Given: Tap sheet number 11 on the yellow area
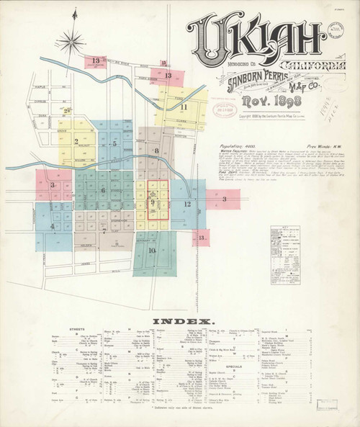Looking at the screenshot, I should tap(184, 107).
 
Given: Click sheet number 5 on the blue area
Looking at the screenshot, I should tap(114, 143).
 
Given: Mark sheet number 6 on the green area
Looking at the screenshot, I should tap(103, 190).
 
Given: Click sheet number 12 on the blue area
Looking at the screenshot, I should tap(186, 204).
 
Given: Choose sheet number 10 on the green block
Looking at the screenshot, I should tap(152, 250).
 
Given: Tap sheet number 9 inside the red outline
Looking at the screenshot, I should tap(153, 204).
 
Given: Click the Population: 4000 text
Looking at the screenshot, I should tap(220, 144).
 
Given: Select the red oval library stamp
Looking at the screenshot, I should tap(225, 109).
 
